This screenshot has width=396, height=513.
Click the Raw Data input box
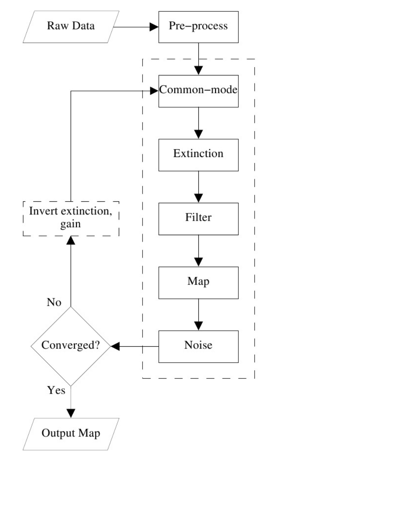[x=71, y=27]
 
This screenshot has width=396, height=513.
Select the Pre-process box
[x=198, y=27]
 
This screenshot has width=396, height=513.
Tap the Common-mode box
[x=198, y=91]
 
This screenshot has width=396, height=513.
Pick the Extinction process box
[x=198, y=155]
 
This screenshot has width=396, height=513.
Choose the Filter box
[x=198, y=219]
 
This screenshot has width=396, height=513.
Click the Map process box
[x=198, y=283]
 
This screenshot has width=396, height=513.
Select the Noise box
[x=198, y=347]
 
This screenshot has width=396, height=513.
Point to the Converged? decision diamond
[x=71, y=346]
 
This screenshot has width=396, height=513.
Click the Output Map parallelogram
[x=71, y=434]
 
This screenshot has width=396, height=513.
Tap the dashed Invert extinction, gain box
[x=71, y=219]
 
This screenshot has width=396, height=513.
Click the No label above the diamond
[x=54, y=302]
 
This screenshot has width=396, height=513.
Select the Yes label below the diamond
[x=56, y=390]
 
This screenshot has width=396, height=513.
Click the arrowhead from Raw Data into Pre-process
[x=154, y=27]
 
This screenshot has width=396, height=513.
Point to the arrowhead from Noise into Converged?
[x=115, y=346]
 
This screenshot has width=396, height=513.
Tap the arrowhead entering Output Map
[x=71, y=414]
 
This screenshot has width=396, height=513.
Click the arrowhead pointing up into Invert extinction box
[x=71, y=240]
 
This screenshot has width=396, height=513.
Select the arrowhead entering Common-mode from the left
[x=154, y=91]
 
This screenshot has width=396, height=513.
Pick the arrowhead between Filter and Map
[x=198, y=262]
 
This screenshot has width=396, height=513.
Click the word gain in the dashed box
[x=71, y=224]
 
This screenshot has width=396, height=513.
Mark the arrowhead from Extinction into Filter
[x=198, y=198]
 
